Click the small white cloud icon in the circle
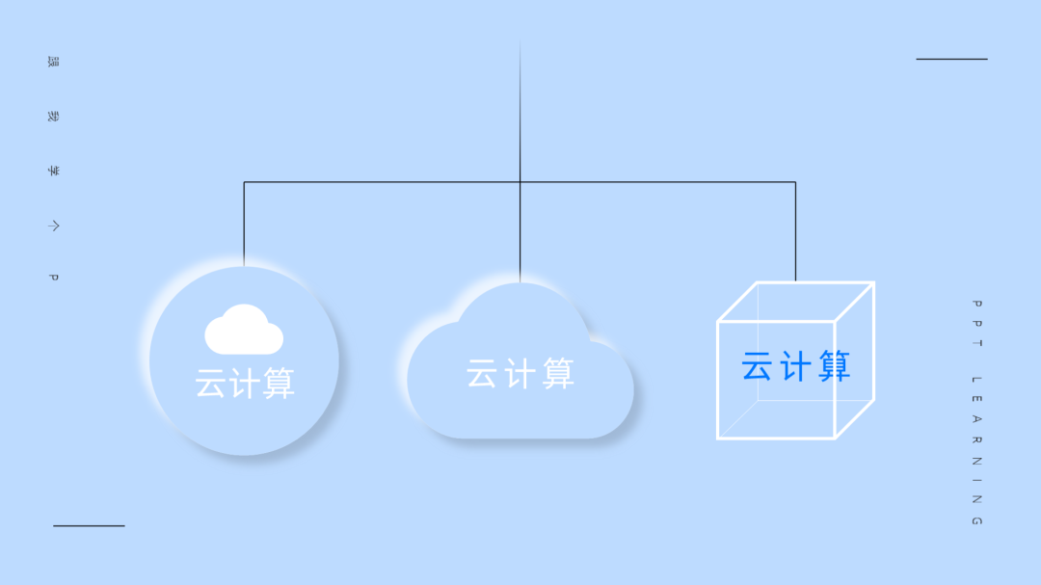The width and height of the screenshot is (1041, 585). tap(244, 330)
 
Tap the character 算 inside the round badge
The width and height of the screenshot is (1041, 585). tap(279, 384)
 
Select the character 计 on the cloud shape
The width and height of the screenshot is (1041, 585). tap(520, 374)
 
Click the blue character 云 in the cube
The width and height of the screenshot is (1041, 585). tap(758, 366)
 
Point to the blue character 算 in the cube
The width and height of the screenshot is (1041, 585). tap(833, 366)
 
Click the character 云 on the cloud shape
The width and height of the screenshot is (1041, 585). tap(482, 374)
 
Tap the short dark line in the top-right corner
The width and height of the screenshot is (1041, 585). tap(951, 59)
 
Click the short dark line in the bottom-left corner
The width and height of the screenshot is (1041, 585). tap(89, 525)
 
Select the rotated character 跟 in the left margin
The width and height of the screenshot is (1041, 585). tap(54, 62)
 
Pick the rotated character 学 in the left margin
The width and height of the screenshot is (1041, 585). tap(54, 171)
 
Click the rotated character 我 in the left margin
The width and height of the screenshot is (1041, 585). tap(54, 117)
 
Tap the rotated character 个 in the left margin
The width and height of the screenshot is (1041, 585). tap(54, 226)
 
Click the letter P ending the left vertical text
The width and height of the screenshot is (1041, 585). tap(54, 278)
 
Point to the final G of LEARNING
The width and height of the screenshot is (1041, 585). tap(976, 521)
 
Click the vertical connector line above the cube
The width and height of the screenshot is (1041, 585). tap(795, 231)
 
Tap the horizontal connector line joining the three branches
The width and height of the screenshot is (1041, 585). tap(386, 181)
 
